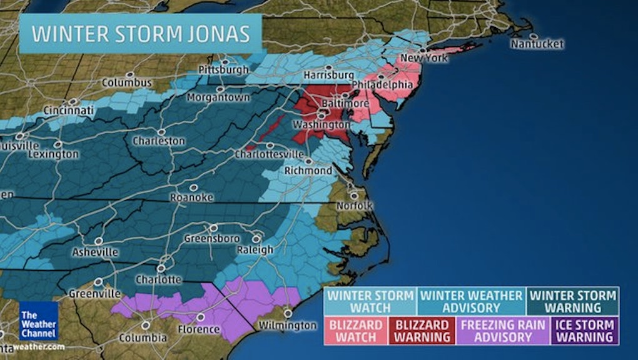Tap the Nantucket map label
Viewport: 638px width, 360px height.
click(x=537, y=44)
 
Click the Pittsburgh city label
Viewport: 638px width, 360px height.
click(x=223, y=69)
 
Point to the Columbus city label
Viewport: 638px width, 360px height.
click(x=126, y=82)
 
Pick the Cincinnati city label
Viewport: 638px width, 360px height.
click(x=68, y=111)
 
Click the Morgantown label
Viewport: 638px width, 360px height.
click(x=218, y=97)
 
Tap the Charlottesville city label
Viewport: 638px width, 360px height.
click(x=269, y=154)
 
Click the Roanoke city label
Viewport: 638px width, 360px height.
click(x=191, y=197)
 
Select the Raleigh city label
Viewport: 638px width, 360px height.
click(x=255, y=249)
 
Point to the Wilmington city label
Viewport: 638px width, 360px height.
click(x=288, y=326)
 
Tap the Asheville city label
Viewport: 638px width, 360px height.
click(x=94, y=252)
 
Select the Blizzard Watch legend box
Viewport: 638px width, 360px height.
click(x=355, y=331)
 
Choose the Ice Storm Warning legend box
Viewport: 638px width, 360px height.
click(x=584, y=331)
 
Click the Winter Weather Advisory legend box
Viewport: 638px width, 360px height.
click(x=472, y=301)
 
